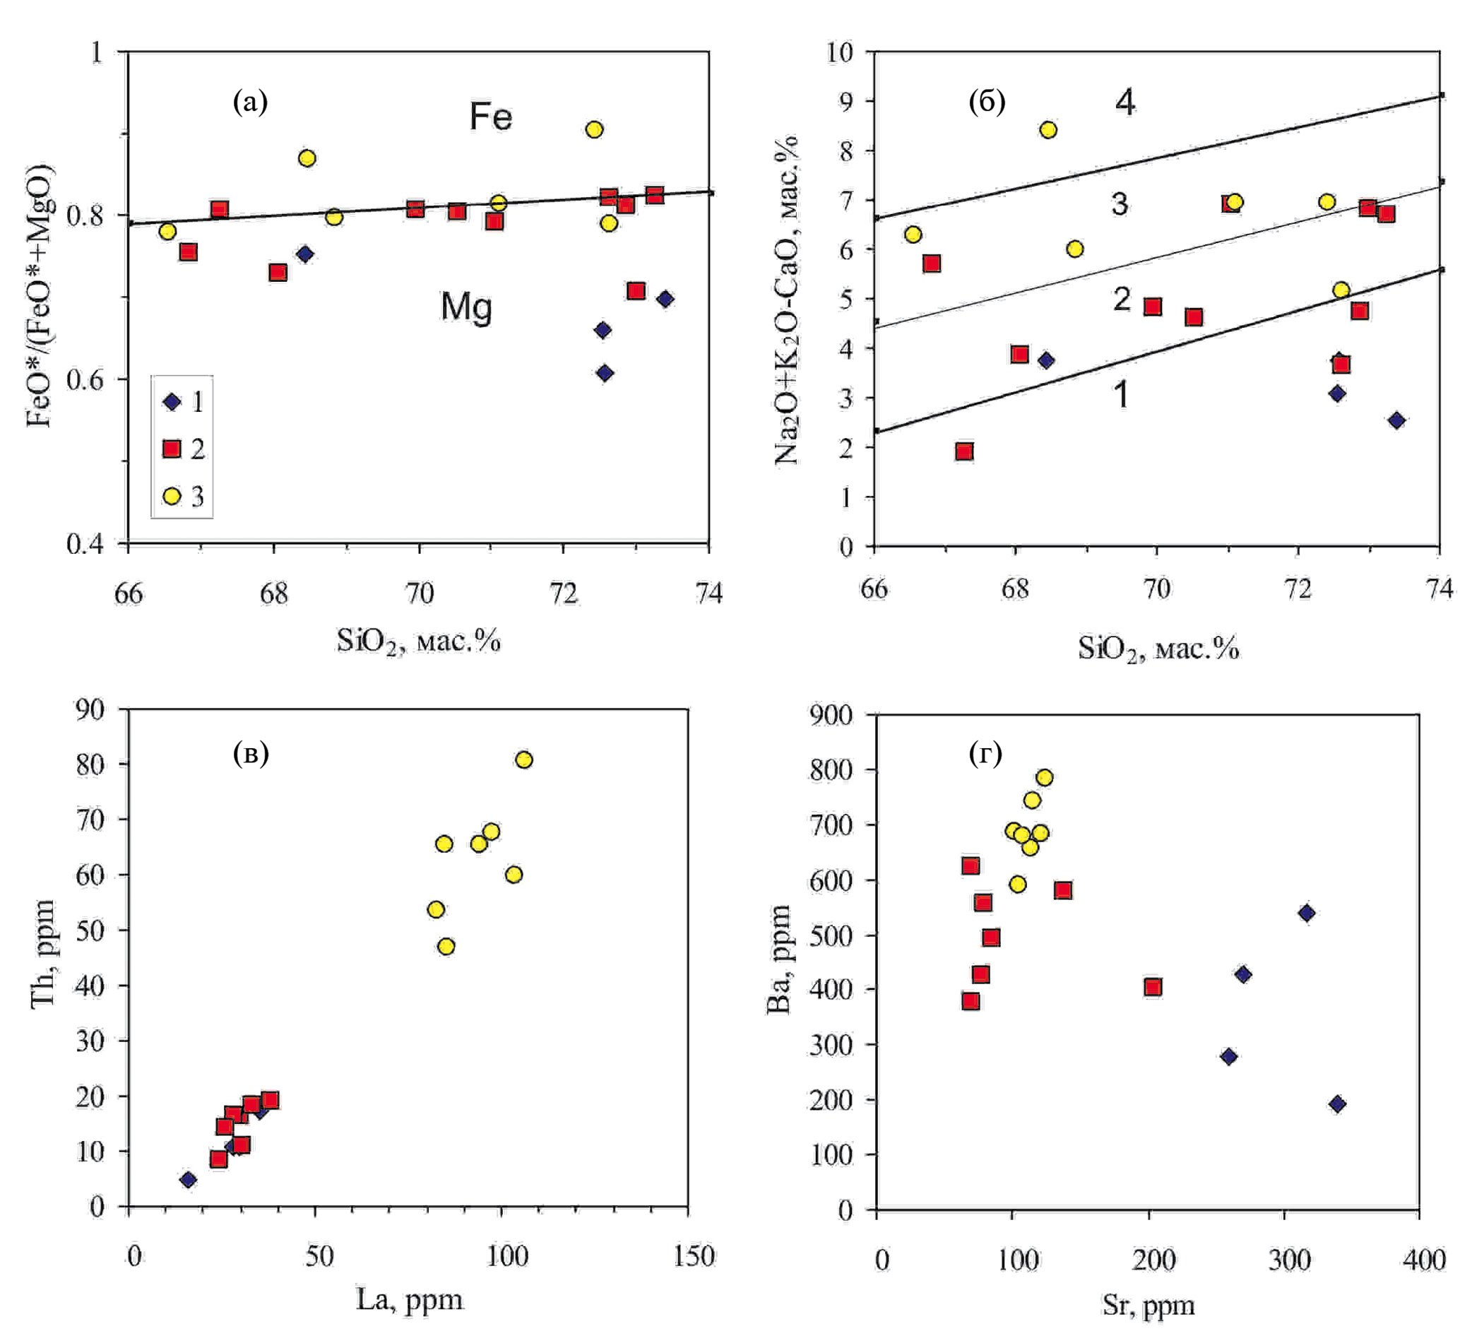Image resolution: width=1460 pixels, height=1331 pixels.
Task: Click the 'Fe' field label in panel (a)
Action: [490, 117]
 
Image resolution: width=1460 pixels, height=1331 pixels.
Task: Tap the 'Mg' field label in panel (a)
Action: [466, 307]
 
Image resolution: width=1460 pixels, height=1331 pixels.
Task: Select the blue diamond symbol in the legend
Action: [172, 402]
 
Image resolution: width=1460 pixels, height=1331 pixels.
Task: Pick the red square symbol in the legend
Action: [172, 449]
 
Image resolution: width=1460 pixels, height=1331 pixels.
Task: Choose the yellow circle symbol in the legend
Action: [172, 496]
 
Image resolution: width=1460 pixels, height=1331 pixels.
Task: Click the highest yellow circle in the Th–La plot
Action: [523, 759]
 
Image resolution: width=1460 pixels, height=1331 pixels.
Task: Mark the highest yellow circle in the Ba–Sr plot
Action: [1044, 778]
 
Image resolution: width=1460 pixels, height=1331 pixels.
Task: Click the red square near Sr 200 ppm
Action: [1153, 987]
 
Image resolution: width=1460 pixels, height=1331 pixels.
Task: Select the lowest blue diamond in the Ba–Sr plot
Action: [1338, 1104]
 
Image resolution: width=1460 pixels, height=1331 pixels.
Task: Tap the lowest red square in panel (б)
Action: [964, 452]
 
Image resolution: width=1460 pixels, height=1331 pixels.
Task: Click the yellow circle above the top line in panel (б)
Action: [1048, 129]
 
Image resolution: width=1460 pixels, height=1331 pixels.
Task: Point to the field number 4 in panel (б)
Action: [1124, 102]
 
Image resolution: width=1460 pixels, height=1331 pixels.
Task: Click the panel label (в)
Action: [251, 754]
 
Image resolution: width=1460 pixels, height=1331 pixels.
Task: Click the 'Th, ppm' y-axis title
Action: [44, 953]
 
